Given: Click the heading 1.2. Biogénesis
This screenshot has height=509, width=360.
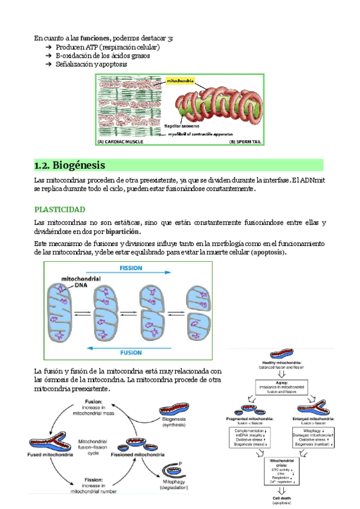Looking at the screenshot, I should point(70,165).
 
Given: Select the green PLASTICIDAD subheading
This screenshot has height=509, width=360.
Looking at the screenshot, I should point(59,209).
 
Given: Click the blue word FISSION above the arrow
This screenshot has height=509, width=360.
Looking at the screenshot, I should point(131,268).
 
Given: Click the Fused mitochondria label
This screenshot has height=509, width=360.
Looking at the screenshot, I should point(50,454).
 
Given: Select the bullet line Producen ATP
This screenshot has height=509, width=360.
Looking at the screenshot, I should point(107,47).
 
